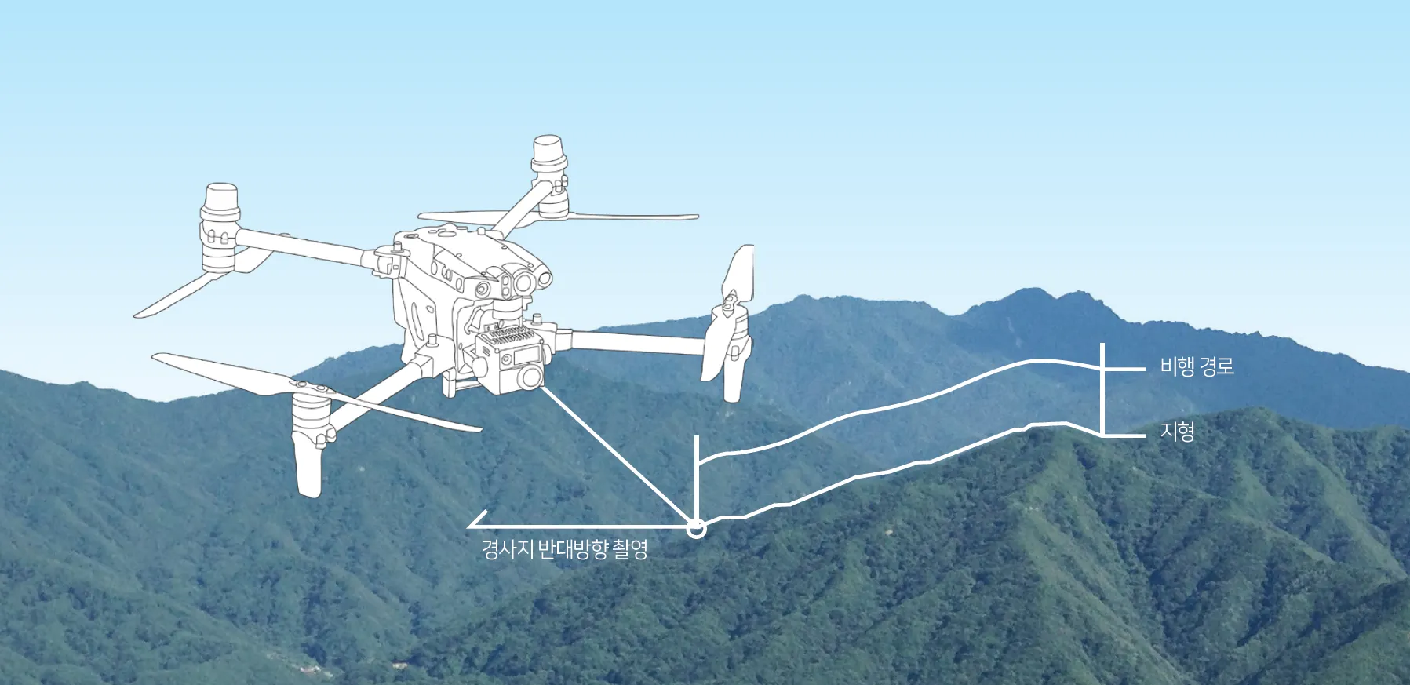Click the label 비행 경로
tap(1197, 366)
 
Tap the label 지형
tap(1177, 432)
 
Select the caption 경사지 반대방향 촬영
tap(564, 548)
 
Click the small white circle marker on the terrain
tap(696, 529)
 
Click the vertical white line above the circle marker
tap(696, 471)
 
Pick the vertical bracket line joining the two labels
tap(1102, 392)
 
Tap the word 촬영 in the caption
tap(630, 548)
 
